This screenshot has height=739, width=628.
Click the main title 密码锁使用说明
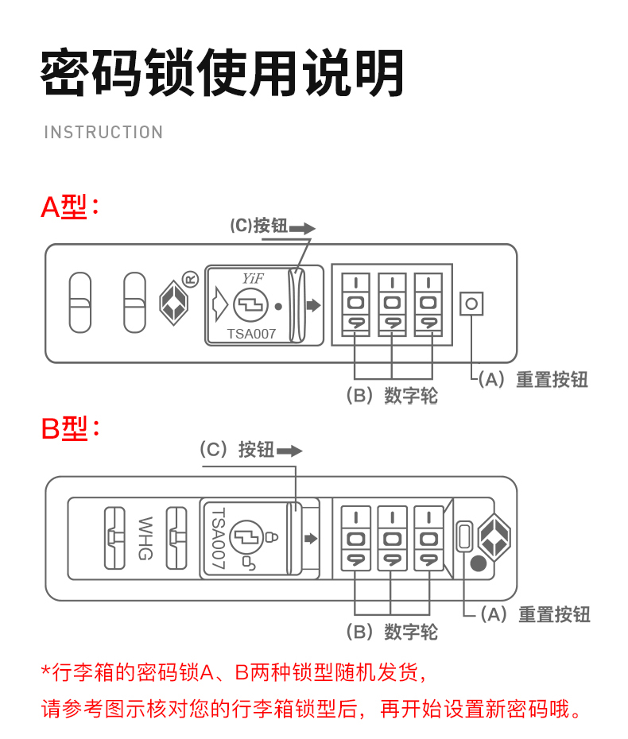pos(223,74)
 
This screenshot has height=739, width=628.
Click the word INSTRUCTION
pos(103,132)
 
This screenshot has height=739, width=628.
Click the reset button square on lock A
pos(471,304)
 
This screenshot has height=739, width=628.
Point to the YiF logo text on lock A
pos(252,278)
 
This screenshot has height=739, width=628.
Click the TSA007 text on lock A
pos(251,334)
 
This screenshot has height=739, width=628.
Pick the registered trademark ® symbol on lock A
pos(190,279)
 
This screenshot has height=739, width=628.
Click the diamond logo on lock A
pos(174,303)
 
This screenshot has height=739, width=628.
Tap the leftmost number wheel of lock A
pos(356,303)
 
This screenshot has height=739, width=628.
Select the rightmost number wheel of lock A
pos(428,303)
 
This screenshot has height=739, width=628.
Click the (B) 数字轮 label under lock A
pos(392,396)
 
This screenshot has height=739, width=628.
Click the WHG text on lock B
pos(145,538)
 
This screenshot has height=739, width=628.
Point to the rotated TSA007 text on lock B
pos(218,538)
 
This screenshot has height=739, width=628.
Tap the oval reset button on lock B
pos(464,536)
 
